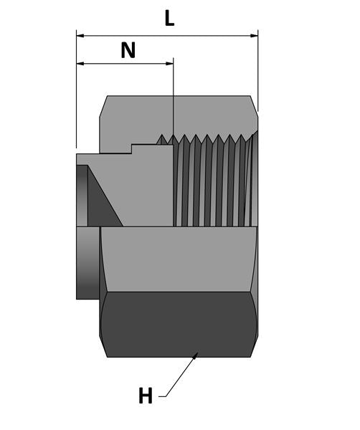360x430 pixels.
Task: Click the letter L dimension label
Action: tap(169, 18)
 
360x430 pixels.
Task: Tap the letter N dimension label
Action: tap(128, 50)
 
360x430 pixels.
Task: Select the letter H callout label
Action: tap(146, 396)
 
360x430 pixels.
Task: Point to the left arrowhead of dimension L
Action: tap(80, 34)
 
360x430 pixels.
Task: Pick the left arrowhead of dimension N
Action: tap(80, 64)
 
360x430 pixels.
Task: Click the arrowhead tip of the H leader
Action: tap(197, 354)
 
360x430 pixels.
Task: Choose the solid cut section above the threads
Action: tap(179, 115)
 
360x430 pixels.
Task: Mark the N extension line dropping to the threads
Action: tap(174, 100)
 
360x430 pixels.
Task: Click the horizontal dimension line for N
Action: tap(125, 64)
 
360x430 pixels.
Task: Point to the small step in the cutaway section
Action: tap(132, 149)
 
